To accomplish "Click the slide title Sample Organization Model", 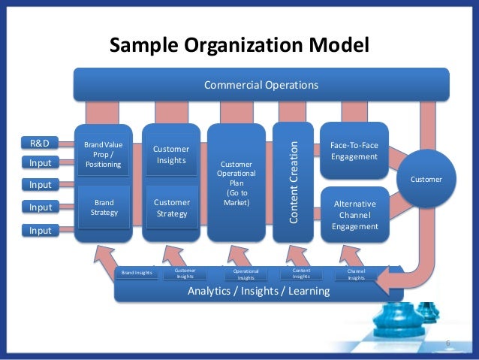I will click(x=239, y=46).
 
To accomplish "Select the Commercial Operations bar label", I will click(x=261, y=85).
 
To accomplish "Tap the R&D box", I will click(x=39, y=143).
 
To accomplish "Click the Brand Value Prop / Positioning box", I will click(x=103, y=153).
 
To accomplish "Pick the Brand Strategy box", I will click(x=103, y=207).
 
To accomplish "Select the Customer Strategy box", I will click(x=171, y=207).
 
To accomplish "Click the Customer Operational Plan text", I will click(x=236, y=183).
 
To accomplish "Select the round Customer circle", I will click(x=426, y=179).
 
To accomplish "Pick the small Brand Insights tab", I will click(x=137, y=273).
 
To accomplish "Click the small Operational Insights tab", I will click(x=246, y=274).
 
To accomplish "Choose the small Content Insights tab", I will click(x=301, y=274).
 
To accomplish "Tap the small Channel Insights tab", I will click(x=356, y=274).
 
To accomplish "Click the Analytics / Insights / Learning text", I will click(x=258, y=291).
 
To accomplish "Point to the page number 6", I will click(x=448, y=343).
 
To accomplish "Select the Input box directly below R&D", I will click(x=40, y=162).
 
